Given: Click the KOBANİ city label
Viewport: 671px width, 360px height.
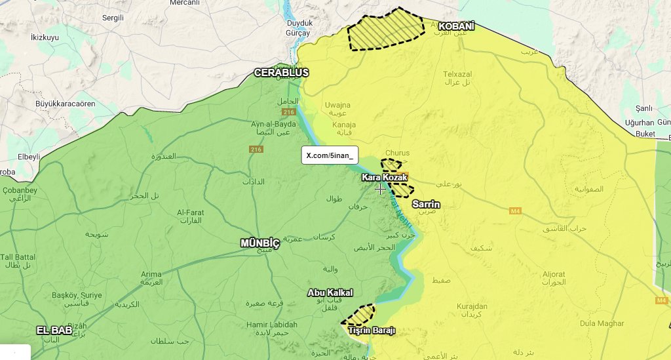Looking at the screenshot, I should pyautogui.click(x=455, y=26).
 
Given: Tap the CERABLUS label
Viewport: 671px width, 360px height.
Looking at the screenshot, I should pyautogui.click(x=281, y=72).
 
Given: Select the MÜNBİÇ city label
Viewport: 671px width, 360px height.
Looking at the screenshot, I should pyautogui.click(x=260, y=243).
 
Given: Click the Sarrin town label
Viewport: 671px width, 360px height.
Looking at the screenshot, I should pyautogui.click(x=426, y=205).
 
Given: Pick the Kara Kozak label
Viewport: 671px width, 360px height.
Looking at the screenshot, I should pyautogui.click(x=385, y=178).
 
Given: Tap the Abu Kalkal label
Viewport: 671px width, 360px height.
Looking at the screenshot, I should pyautogui.click(x=330, y=292).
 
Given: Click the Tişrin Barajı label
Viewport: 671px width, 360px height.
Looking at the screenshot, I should pyautogui.click(x=372, y=330).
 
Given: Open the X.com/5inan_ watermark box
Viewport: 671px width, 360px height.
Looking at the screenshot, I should pyautogui.click(x=330, y=155).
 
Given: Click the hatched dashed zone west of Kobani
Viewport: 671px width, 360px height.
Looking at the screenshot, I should pyautogui.click(x=386, y=29).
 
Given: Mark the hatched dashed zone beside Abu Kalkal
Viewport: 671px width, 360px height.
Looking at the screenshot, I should pyautogui.click(x=359, y=315).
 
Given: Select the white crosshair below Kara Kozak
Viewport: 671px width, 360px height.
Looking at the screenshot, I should pyautogui.click(x=380, y=189).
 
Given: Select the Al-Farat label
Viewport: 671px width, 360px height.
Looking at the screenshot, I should pyautogui.click(x=190, y=212).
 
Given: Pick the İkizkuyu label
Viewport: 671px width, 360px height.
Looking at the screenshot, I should pyautogui.click(x=45, y=37).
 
